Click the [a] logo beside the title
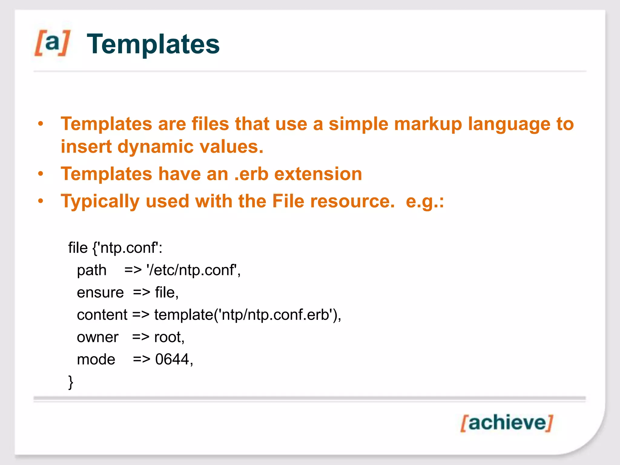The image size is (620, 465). click(x=52, y=43)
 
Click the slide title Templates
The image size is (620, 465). click(x=153, y=44)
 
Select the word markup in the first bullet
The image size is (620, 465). click(x=428, y=124)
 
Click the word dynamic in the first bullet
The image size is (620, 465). click(x=155, y=147)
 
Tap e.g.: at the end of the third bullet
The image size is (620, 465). click(x=425, y=202)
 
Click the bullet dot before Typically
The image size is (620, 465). click(x=41, y=201)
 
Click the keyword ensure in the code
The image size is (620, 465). click(x=100, y=292)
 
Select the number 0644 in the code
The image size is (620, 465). click(x=172, y=359)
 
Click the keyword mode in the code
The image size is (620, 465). click(x=96, y=359)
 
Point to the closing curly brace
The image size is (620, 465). click(x=71, y=382)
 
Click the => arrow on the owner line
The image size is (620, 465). click(x=141, y=337)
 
